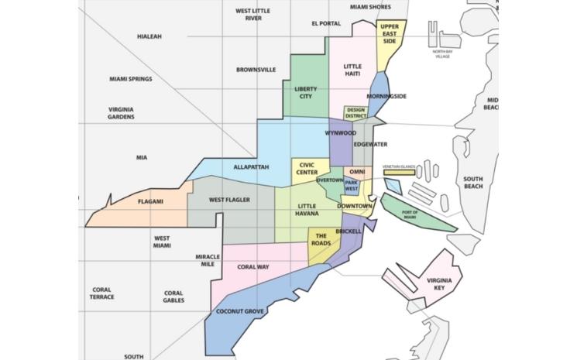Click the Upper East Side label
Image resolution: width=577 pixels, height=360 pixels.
coord(390,33)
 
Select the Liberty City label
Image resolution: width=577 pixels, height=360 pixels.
coord(306,93)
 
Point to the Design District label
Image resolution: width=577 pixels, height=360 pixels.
coord(355,114)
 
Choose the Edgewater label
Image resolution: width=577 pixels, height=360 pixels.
coord(369,144)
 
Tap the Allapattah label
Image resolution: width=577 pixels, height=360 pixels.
coord(250,167)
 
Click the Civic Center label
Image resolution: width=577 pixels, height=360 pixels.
coord(303,168)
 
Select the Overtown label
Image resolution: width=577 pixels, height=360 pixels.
coord(330,180)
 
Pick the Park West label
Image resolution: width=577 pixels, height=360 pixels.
coord(352,187)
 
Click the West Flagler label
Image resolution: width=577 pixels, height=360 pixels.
coord(229,201)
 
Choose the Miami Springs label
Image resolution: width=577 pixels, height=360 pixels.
coord(130,79)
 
